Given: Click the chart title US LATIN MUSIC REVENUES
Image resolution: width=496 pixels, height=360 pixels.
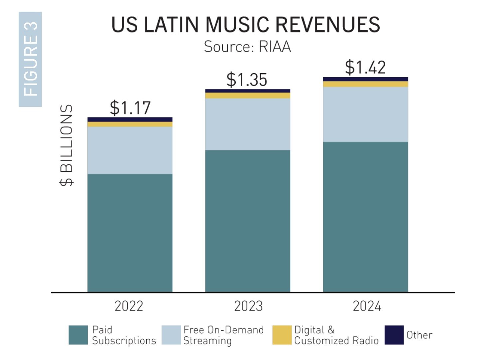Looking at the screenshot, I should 246,25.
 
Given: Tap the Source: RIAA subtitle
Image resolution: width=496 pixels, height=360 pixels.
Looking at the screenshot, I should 247,47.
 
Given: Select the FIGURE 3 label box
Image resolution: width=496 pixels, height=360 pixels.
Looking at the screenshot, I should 30,59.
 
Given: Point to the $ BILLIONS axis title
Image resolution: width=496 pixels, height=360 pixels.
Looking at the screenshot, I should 66,145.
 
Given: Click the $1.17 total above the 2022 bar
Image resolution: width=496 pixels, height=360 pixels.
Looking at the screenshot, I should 130,108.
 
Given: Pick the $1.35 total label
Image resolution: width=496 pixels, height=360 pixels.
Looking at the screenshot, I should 247,80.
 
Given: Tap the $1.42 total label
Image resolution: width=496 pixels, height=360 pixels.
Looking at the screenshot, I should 365,67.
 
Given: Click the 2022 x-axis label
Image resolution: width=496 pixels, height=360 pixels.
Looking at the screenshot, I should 129,306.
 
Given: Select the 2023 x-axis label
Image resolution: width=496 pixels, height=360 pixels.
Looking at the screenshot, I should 248,306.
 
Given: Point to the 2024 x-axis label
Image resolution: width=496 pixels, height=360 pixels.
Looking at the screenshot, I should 367,306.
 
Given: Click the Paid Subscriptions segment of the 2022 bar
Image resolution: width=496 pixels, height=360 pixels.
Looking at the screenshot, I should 130,233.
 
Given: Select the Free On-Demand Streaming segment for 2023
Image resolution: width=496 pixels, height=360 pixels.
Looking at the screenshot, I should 248,124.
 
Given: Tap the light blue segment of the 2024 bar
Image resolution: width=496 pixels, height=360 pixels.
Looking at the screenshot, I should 365,114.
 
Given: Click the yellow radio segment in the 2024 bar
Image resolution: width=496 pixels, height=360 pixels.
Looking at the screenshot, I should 365,84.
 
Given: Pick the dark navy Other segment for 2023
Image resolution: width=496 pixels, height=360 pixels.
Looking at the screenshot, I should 248,91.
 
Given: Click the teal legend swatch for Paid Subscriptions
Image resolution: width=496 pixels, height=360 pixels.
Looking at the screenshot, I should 78,335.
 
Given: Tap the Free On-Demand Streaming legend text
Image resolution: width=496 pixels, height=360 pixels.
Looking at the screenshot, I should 223,335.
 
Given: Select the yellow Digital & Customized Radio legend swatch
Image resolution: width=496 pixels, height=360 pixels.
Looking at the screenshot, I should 282,335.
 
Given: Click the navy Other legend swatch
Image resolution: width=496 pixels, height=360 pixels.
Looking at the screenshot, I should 394,335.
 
